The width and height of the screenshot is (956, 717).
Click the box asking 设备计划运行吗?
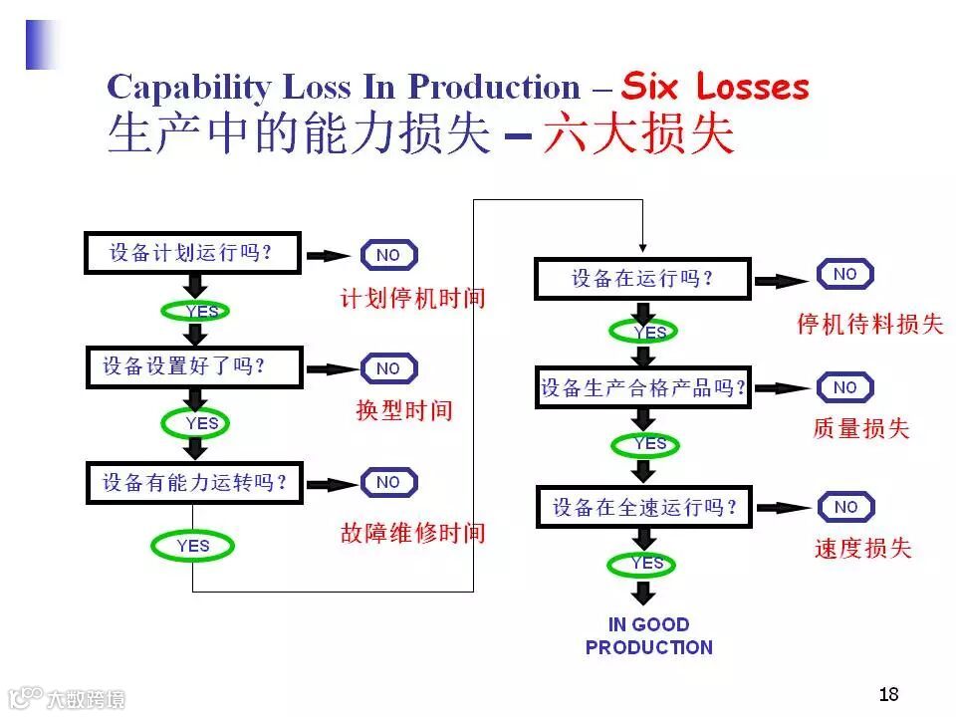click(192, 253)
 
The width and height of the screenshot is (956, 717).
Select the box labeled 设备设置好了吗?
click(192, 366)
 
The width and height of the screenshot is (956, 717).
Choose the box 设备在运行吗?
click(641, 278)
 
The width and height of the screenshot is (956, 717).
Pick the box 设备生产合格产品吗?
click(642, 387)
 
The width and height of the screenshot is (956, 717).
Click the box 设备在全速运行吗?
click(643, 507)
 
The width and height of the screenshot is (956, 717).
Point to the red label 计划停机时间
click(412, 298)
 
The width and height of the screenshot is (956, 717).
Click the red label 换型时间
click(403, 410)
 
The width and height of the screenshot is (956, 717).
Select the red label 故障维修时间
click(412, 533)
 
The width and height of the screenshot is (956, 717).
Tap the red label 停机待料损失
click(869, 324)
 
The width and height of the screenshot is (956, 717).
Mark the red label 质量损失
click(860, 428)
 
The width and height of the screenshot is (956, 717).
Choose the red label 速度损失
click(862, 548)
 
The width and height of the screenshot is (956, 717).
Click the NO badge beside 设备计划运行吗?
click(388, 255)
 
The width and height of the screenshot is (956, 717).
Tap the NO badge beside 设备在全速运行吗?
click(845, 507)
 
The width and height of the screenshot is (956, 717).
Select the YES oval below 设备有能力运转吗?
click(193, 546)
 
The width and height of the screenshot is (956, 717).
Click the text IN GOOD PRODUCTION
click(649, 635)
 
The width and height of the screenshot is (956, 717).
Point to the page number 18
click(888, 694)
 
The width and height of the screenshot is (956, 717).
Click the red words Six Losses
click(714, 88)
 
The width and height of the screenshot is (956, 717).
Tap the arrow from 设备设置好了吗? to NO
click(331, 368)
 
